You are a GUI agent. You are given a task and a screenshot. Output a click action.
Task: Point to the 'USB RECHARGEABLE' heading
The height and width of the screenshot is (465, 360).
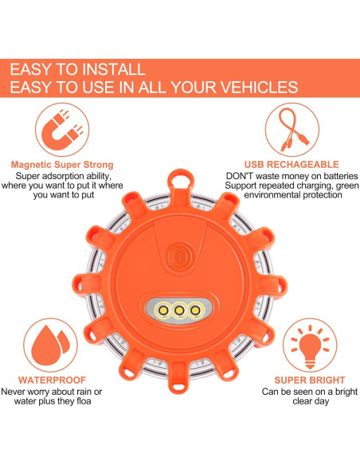[296, 165]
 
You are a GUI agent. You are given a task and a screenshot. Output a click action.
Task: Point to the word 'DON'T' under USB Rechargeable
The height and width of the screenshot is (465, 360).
[241, 175]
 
